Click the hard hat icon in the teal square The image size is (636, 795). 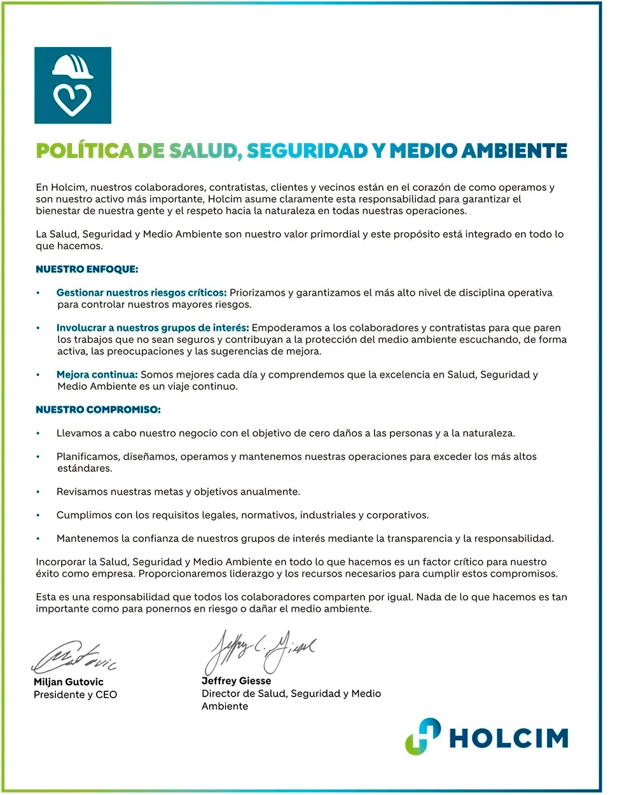tap(73, 67)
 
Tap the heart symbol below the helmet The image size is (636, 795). tap(72, 99)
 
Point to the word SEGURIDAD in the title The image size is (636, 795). tap(307, 151)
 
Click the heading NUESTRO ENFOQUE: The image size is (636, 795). tap(86, 269)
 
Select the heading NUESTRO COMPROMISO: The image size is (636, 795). tap(98, 410)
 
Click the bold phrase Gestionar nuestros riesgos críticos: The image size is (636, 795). tap(141, 293)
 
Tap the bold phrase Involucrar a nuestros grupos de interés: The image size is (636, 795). tap(153, 328)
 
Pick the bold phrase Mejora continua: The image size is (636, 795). tap(97, 375)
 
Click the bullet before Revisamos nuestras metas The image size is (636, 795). tap(38, 492)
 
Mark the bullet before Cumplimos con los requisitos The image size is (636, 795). tap(38, 515)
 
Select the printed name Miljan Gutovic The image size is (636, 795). tap(68, 682)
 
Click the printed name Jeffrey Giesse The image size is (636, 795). tap(236, 681)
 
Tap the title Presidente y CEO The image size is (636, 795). tap(75, 695)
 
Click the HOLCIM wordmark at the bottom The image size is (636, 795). tap(508, 738)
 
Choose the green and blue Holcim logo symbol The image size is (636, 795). tap(423, 736)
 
